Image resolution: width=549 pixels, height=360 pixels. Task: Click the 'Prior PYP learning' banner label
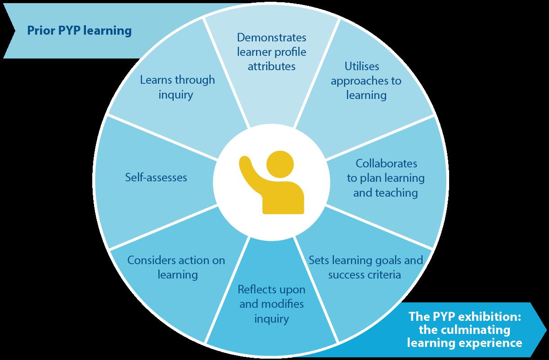[x=79, y=31]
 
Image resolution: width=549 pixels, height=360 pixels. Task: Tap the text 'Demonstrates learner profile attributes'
[x=272, y=51]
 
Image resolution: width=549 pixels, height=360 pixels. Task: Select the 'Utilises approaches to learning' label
[x=366, y=81]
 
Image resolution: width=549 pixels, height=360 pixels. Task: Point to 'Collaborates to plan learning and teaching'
[x=386, y=178]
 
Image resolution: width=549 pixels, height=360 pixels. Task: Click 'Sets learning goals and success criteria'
[x=365, y=267]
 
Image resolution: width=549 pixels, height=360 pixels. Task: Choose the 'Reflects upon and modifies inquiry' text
[x=271, y=304]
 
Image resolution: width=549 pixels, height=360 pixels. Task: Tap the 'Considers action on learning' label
[x=176, y=267]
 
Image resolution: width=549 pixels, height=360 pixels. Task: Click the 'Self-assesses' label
[x=156, y=178]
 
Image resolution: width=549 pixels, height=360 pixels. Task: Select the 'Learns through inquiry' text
[x=177, y=87]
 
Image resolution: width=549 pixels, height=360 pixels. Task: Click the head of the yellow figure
[x=279, y=164]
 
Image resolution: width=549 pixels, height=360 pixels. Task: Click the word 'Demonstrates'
[x=272, y=37]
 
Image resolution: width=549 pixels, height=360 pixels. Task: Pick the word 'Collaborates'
[x=386, y=163]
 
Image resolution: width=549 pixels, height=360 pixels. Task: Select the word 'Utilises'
[x=362, y=67]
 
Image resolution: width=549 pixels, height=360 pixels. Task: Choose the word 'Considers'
[x=150, y=260]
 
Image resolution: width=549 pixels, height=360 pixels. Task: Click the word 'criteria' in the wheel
[x=383, y=274]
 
